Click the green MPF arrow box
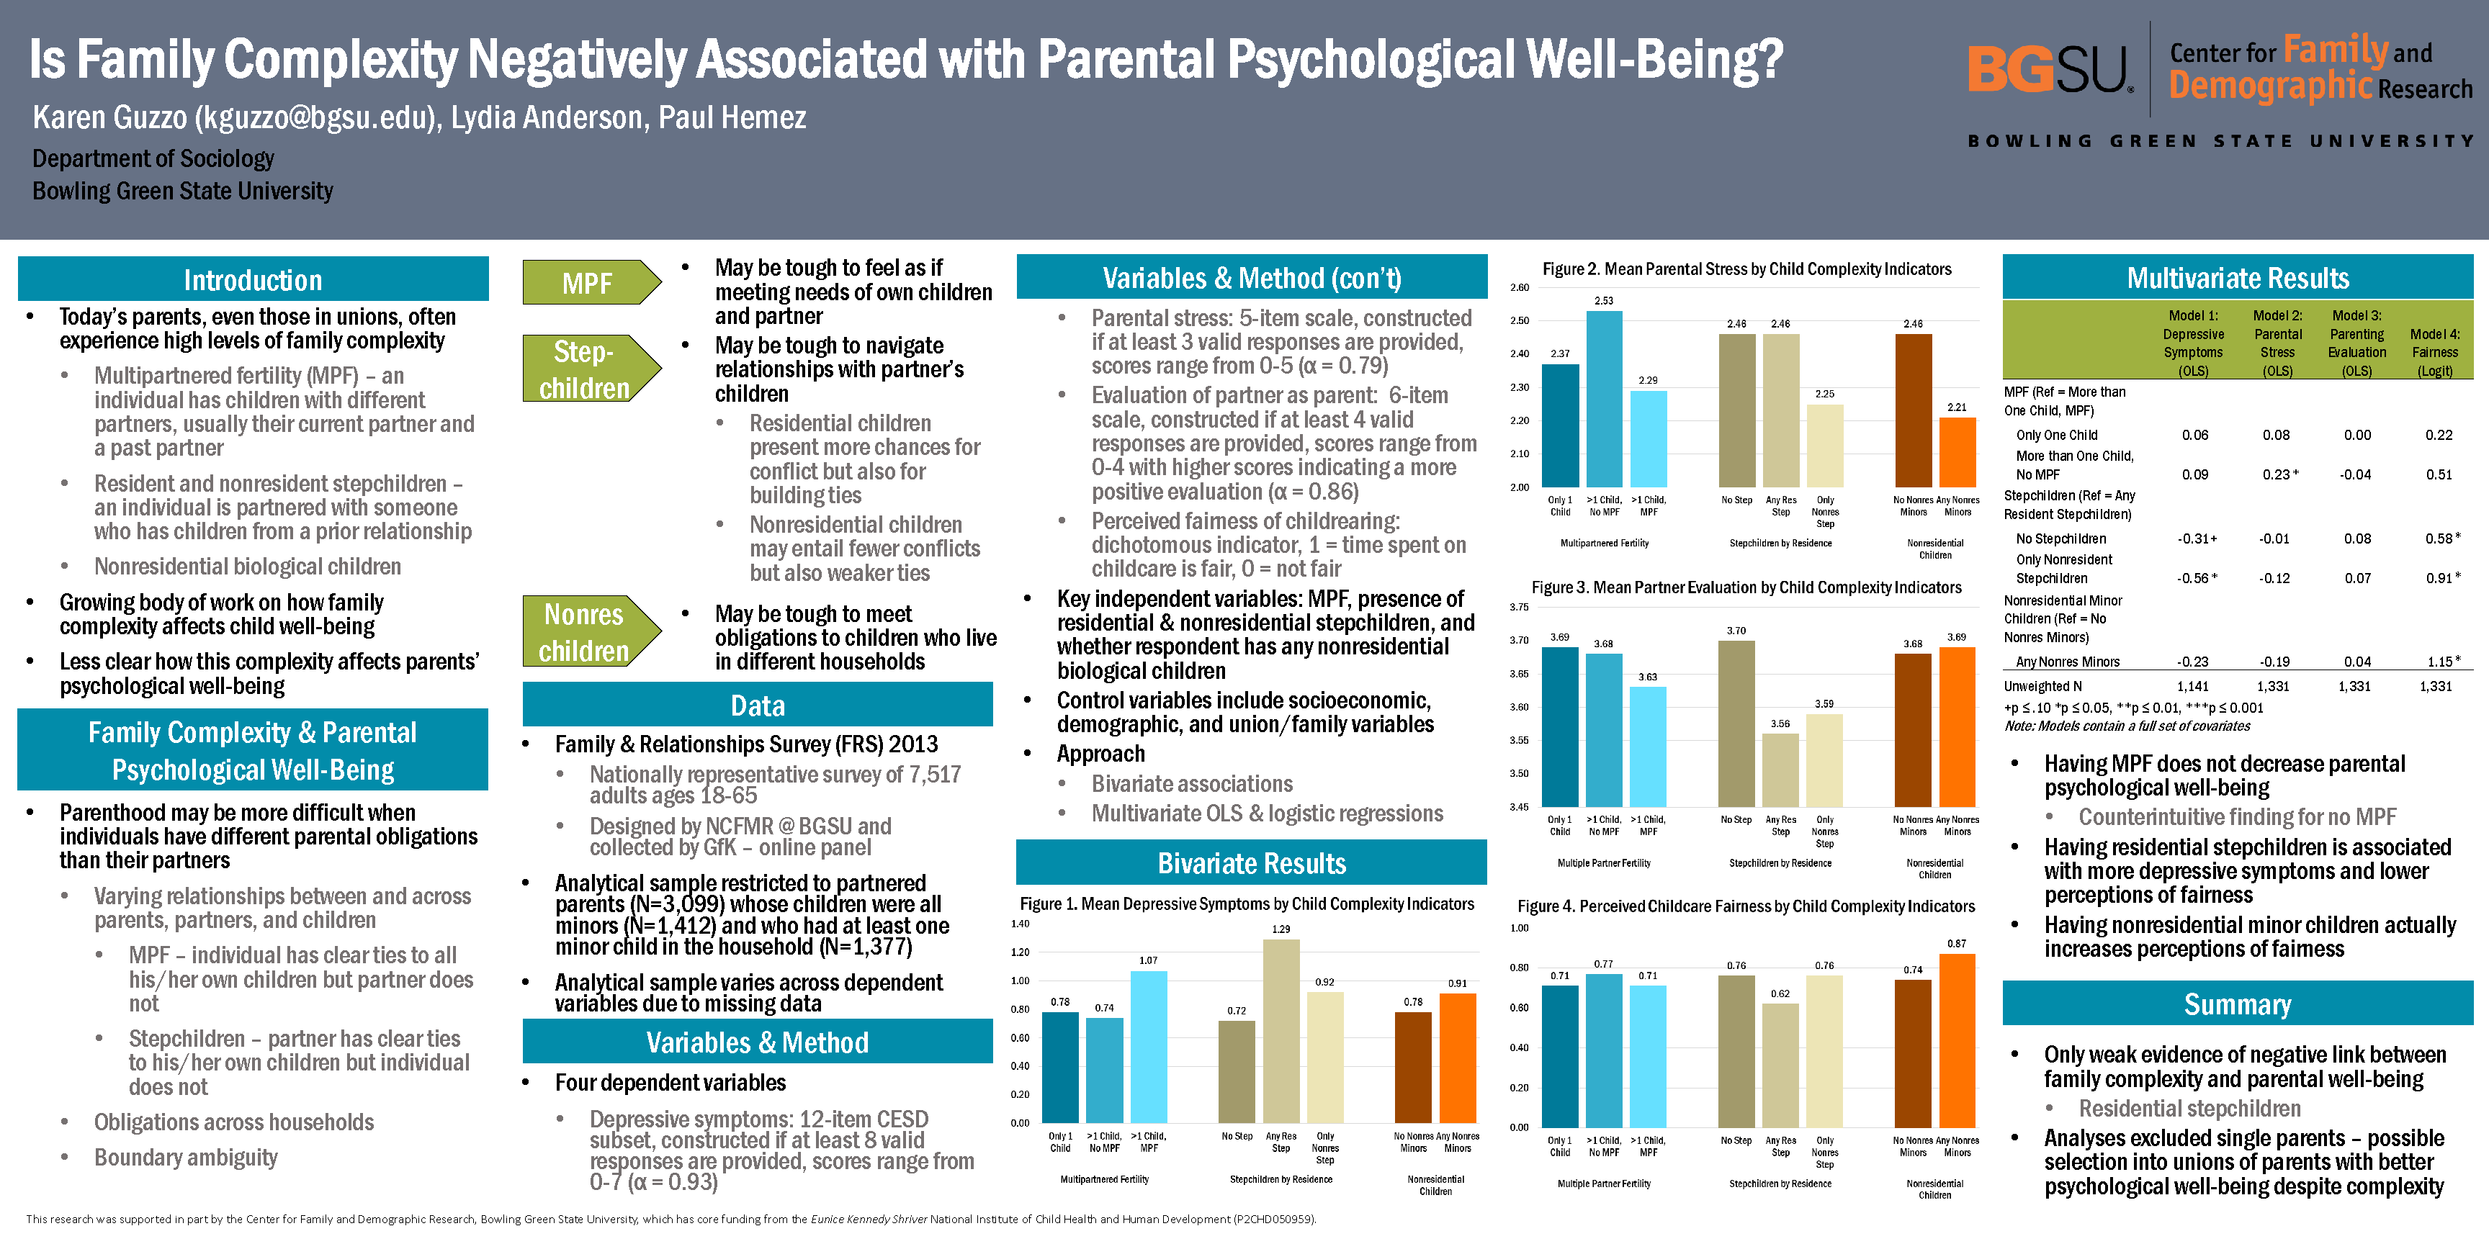[588, 283]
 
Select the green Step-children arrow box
[586, 369]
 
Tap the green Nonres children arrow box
[586, 631]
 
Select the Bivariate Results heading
[1251, 862]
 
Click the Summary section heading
[2237, 1004]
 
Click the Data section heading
[758, 705]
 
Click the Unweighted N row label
[2037, 687]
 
